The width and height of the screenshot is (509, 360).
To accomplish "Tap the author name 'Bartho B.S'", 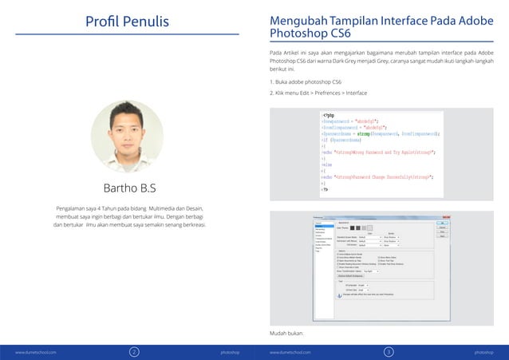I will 128,188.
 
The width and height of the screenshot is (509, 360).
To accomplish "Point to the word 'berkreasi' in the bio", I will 200,225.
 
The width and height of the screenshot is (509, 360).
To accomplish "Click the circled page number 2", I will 135,350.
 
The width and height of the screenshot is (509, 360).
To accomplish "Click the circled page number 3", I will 389,350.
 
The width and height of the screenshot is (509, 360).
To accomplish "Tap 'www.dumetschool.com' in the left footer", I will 35,351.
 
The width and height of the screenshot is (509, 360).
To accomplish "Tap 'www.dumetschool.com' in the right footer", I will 290,351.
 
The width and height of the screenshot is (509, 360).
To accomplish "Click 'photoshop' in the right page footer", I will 483,351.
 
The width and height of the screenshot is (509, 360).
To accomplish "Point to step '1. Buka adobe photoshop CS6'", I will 306,82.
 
